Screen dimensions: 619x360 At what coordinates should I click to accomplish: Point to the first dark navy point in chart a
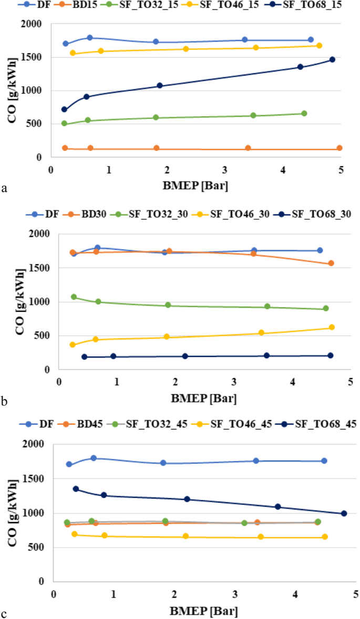pos(64,109)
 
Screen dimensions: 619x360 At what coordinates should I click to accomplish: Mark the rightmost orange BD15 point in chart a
pos(340,148)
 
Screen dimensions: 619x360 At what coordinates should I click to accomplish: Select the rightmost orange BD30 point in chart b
pos(331,263)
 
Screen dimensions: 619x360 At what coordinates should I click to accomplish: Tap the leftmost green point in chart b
pos(74,297)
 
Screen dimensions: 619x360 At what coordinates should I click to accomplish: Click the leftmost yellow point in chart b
pos(73,345)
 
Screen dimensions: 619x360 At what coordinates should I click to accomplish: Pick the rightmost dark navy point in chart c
pos(344,513)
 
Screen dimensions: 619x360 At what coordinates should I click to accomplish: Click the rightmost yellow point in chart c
pos(325,537)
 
